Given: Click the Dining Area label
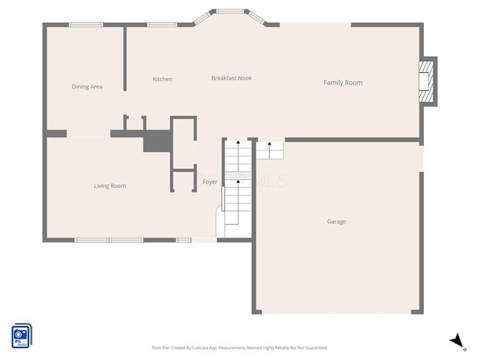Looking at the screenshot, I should (x=87, y=87).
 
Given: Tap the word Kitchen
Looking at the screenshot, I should (x=162, y=79).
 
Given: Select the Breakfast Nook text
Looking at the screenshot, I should (x=231, y=78).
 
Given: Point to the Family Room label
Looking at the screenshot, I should (x=343, y=83).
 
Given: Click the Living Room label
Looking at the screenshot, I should (x=109, y=186).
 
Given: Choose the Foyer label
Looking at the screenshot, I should (x=210, y=181).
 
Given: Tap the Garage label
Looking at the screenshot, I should (x=337, y=221).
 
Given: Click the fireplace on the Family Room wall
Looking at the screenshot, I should (x=426, y=81).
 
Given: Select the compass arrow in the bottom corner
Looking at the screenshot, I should (x=458, y=341).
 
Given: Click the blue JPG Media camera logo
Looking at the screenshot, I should (x=21, y=335).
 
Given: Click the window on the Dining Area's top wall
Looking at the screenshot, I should (x=86, y=25).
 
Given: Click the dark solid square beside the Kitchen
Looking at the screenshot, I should (x=157, y=141).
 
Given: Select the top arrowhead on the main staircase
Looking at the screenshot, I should (x=238, y=143).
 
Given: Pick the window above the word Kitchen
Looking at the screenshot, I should (x=161, y=25).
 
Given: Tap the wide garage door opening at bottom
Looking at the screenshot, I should (x=337, y=312).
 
